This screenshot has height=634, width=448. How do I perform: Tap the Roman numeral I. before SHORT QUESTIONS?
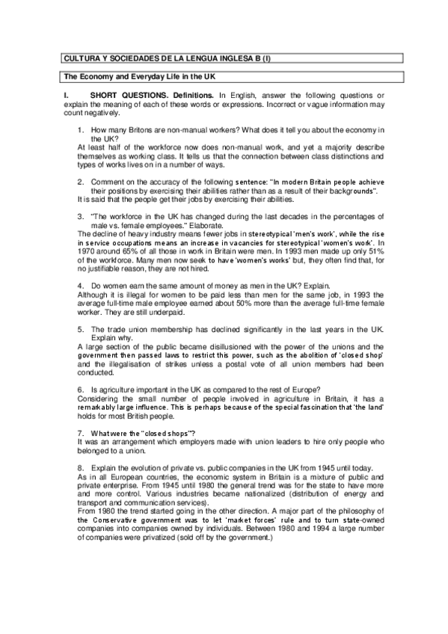[x=66, y=96]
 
